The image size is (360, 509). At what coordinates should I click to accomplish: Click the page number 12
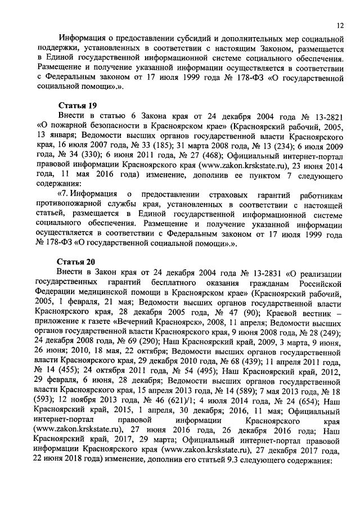tap(340, 25)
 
